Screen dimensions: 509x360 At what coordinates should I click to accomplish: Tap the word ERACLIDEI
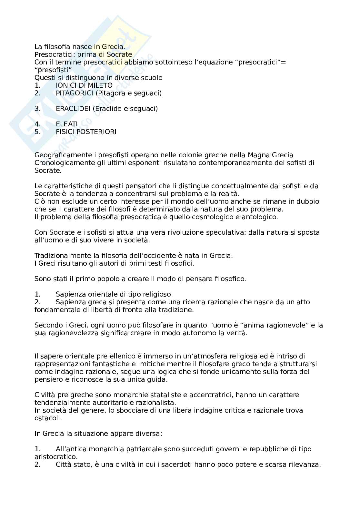[73, 109]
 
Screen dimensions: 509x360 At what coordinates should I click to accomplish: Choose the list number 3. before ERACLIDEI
[37, 109]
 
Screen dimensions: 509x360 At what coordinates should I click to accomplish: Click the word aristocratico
[55, 457]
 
